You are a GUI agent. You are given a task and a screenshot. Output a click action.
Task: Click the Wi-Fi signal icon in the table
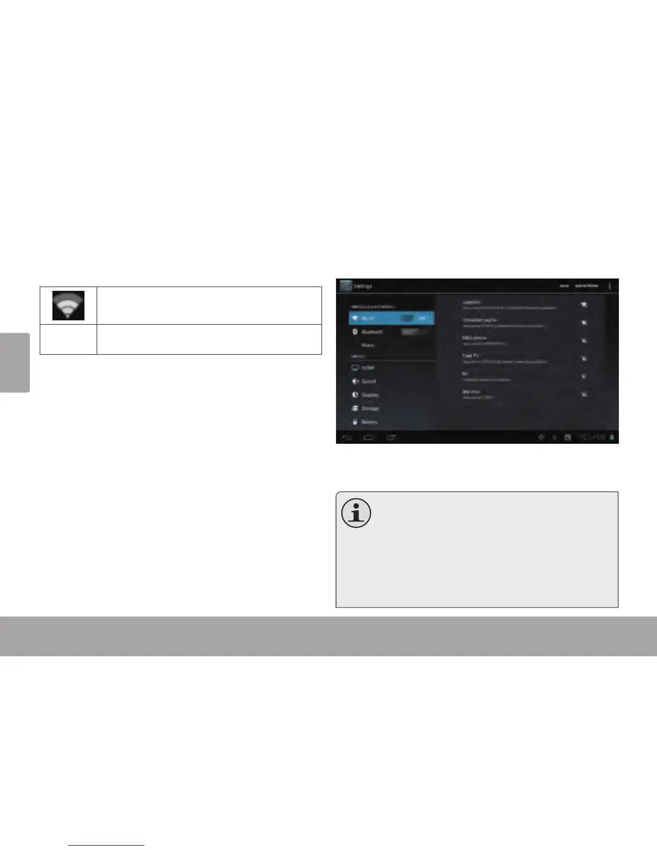pyautogui.click(x=68, y=305)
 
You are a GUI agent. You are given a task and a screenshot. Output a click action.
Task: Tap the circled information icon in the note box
pyautogui.click(x=356, y=512)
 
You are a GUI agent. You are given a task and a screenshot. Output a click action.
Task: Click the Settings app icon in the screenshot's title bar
pyautogui.click(x=345, y=285)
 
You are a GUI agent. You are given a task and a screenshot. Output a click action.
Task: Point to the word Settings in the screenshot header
pyautogui.click(x=363, y=287)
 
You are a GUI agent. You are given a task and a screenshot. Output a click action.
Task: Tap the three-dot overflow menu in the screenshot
pyautogui.click(x=610, y=286)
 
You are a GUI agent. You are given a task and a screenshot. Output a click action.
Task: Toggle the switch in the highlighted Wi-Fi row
pyautogui.click(x=414, y=318)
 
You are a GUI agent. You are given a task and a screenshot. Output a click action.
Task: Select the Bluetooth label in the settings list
pyautogui.click(x=372, y=332)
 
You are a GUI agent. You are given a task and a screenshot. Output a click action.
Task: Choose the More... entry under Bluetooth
pyautogui.click(x=369, y=345)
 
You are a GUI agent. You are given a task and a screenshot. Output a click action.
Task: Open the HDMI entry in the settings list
pyautogui.click(x=368, y=368)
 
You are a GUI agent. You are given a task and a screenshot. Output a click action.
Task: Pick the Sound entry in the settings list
pyautogui.click(x=368, y=382)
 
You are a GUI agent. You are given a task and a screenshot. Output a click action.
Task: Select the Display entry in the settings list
pyautogui.click(x=370, y=395)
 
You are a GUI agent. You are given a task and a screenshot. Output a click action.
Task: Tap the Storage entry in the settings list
pyautogui.click(x=370, y=408)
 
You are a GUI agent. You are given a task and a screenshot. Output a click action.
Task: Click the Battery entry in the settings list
pyautogui.click(x=369, y=422)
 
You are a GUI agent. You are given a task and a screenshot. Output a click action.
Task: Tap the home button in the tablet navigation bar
pyautogui.click(x=369, y=438)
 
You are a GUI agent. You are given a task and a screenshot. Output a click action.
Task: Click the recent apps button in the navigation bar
pyautogui.click(x=391, y=438)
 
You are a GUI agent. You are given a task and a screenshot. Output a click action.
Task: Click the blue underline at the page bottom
pyautogui.click(x=107, y=845)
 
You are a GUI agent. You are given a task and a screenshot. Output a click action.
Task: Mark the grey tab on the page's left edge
pyautogui.click(x=14, y=363)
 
